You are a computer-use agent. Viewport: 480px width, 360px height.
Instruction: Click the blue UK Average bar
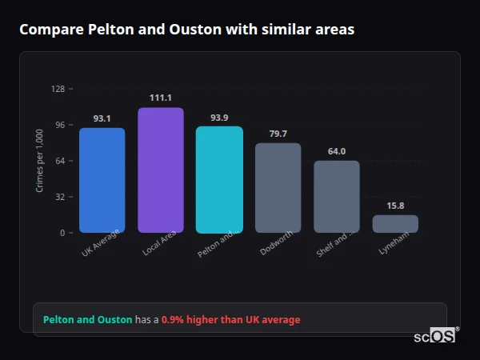point(102,180)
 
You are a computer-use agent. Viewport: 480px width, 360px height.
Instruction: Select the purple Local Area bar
point(160,170)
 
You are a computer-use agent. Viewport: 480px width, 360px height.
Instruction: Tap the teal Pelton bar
point(219,179)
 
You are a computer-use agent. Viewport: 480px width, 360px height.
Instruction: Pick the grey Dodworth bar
point(278,188)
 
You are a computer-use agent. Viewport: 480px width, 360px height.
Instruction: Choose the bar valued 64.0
point(336,197)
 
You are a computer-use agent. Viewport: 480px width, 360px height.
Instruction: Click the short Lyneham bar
point(395,224)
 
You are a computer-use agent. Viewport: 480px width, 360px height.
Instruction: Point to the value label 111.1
point(160,98)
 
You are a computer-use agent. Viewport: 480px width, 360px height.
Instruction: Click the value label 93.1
point(102,118)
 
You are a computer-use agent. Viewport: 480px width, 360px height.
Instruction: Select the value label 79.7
point(278,134)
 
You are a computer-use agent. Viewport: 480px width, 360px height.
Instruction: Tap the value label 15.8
point(395,206)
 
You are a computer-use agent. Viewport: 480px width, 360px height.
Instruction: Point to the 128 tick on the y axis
point(58,89)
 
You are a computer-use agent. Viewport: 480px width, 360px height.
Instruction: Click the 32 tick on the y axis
point(59,197)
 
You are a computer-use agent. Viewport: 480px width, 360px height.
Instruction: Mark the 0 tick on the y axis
point(62,233)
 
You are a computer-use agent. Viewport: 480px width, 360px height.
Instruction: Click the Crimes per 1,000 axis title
point(39,161)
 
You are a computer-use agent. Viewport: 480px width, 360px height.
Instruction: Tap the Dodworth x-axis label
point(276,244)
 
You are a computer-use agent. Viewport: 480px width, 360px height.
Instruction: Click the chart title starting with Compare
point(186,30)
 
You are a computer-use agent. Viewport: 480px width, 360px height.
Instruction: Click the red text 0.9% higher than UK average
point(230,320)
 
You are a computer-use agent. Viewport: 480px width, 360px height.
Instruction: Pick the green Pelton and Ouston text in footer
point(87,320)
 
